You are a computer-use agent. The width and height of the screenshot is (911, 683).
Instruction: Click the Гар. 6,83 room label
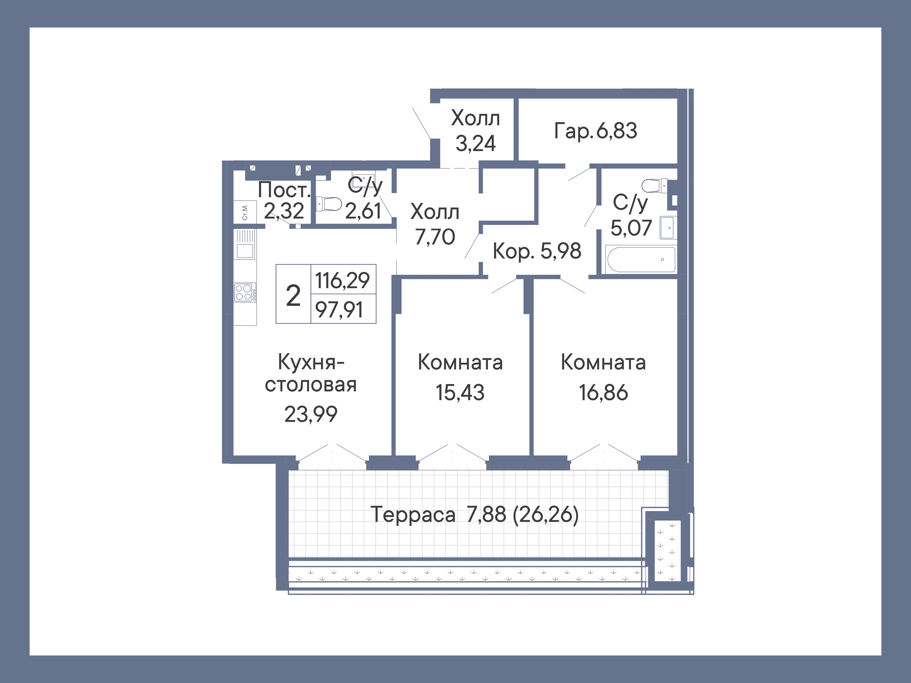[596, 131]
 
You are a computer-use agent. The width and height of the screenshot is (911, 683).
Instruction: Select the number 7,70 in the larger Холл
[435, 237]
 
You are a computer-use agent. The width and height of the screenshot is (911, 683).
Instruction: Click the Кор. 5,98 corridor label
[537, 251]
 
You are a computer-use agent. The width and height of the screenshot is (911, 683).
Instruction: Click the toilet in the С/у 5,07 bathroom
[655, 186]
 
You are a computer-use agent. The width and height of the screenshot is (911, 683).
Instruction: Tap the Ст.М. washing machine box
[245, 212]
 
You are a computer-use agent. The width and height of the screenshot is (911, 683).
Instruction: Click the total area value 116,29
[342, 280]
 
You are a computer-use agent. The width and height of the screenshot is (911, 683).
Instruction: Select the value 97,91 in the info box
[339, 309]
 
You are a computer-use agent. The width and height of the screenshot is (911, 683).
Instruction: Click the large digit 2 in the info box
[293, 296]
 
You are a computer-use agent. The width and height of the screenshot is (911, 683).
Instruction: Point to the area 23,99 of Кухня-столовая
[311, 414]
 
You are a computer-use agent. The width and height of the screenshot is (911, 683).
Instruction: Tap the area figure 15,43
[460, 392]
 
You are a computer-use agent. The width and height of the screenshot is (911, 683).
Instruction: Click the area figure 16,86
[603, 392]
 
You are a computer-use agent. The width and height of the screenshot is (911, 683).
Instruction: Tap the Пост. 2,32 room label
[284, 201]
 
